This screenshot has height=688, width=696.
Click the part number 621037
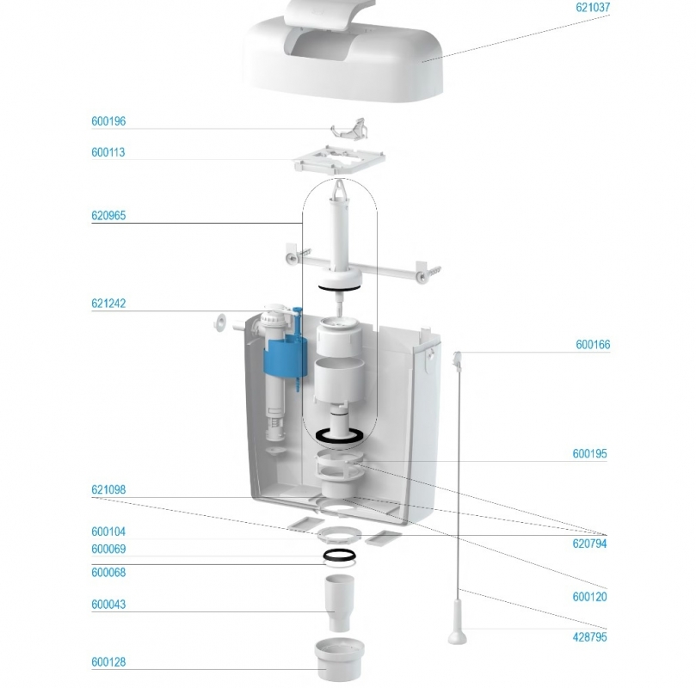pyautogui.click(x=593, y=7)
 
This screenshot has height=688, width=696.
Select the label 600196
pyautogui.click(x=108, y=122)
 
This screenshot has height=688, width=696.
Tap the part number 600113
pyautogui.click(x=108, y=153)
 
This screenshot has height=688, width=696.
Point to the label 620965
pyautogui.click(x=108, y=216)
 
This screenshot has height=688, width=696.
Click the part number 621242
pyautogui.click(x=108, y=304)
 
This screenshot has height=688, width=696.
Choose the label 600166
pyautogui.click(x=593, y=346)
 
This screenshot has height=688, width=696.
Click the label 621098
pyautogui.click(x=108, y=490)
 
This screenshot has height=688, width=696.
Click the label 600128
pyautogui.click(x=108, y=662)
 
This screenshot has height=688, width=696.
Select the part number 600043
pyautogui.click(x=108, y=605)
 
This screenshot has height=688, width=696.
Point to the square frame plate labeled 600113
pyautogui.click(x=338, y=160)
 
